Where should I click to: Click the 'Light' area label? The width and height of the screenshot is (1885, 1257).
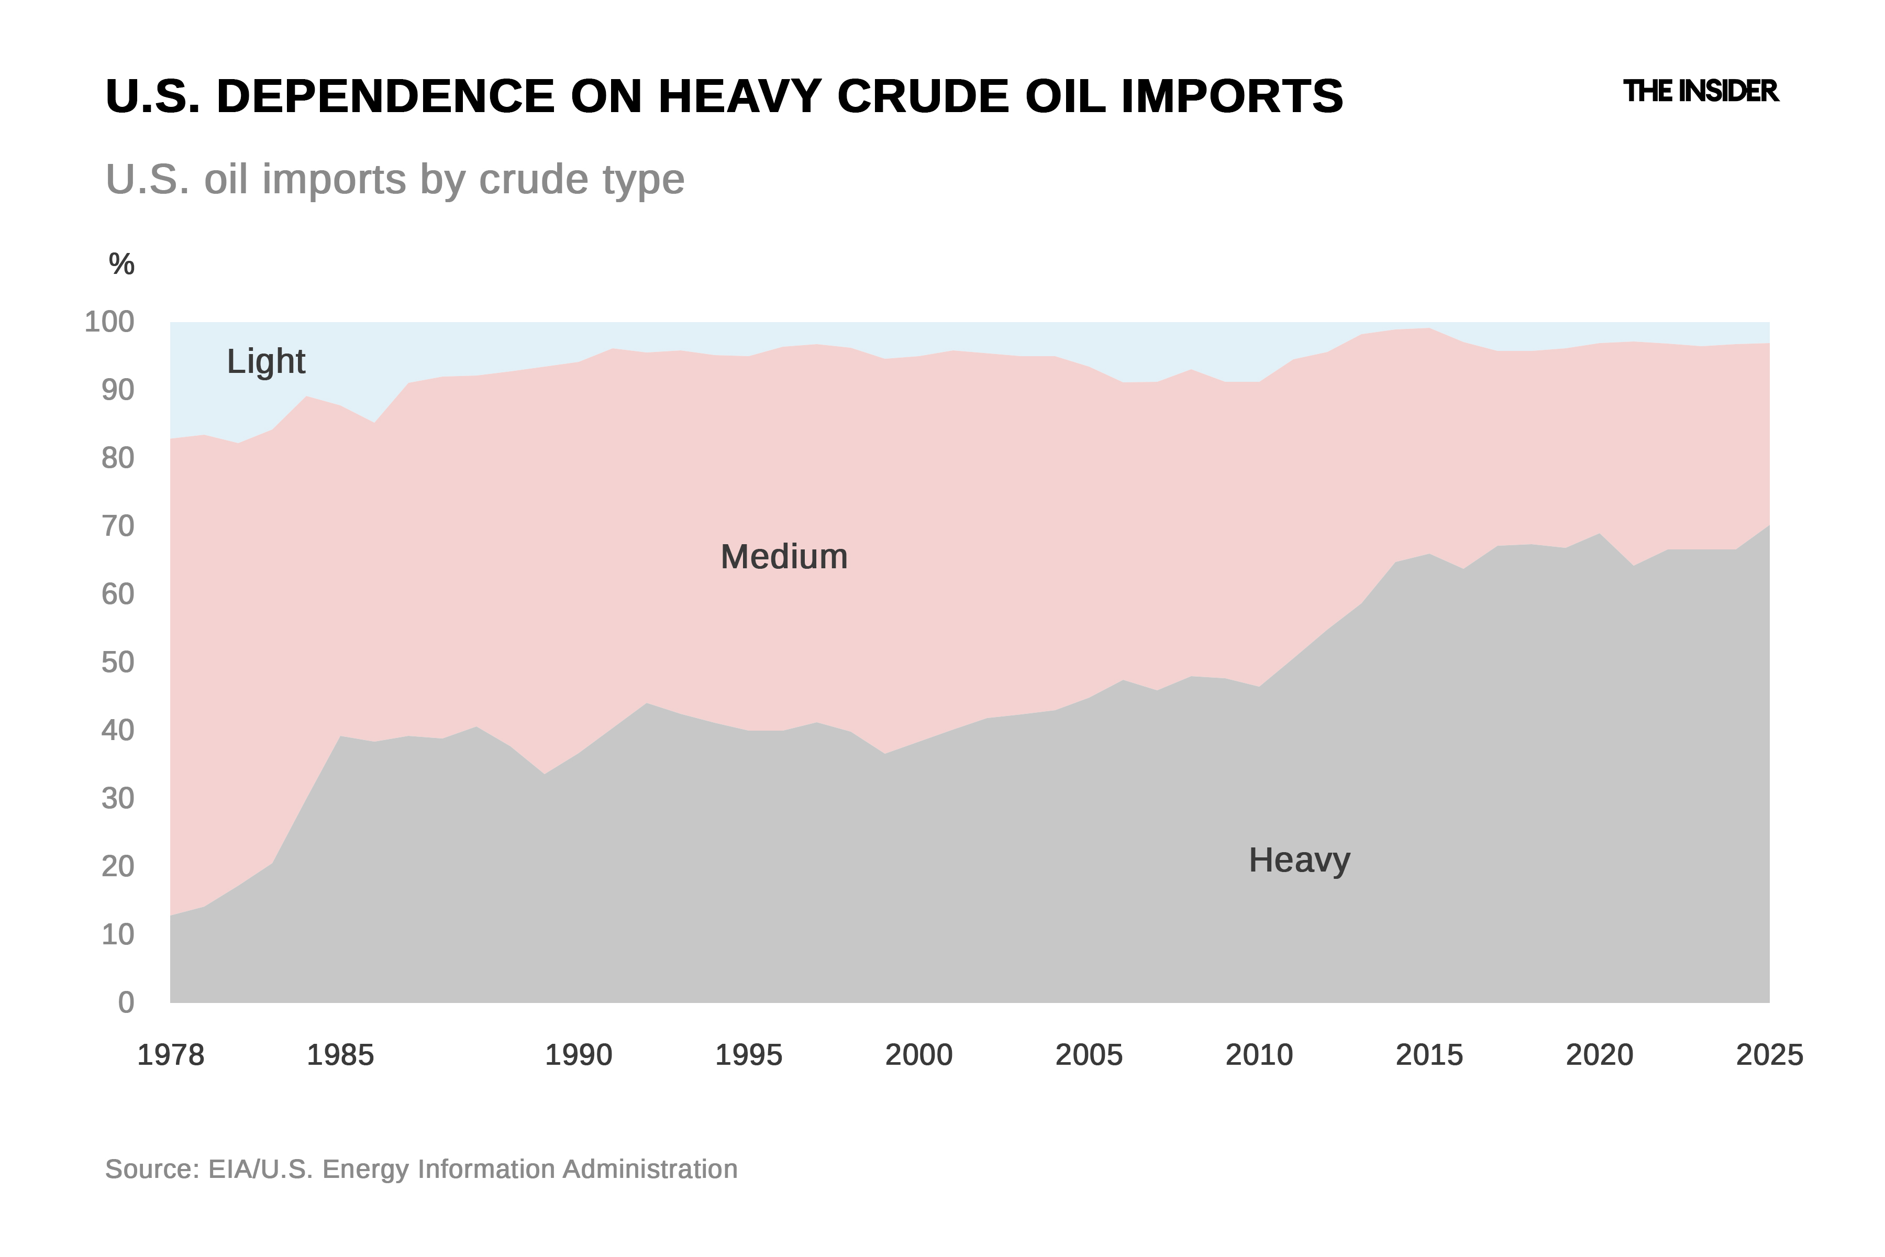(265, 361)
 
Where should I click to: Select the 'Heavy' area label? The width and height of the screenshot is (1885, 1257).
(1299, 860)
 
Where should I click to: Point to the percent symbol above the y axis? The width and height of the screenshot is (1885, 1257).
(121, 264)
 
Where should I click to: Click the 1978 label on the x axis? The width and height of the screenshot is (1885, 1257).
(171, 1055)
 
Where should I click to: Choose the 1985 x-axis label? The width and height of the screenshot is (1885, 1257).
(341, 1055)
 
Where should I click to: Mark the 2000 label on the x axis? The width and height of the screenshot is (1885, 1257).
(918, 1055)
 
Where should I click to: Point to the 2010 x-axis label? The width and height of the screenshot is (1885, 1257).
(1259, 1055)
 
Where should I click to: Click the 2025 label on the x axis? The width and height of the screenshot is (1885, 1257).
(1769, 1055)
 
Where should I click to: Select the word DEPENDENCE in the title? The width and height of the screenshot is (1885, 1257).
(385, 96)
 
